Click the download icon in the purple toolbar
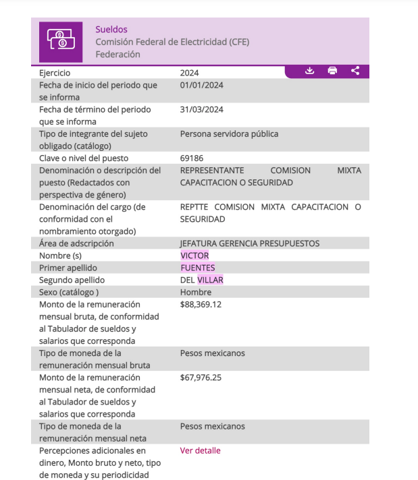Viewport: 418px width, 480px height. (310, 71)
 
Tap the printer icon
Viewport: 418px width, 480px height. (332, 71)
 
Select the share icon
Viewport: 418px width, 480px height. (355, 71)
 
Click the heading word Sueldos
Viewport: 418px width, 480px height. (111, 30)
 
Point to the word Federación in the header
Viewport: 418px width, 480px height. (118, 54)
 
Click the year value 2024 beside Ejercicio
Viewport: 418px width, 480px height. (190, 73)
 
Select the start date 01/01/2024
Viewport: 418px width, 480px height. (202, 85)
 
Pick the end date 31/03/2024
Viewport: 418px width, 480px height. (202, 109)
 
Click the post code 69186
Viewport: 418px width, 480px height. (192, 158)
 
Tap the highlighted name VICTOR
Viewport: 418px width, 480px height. (194, 256)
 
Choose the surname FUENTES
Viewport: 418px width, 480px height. (198, 268)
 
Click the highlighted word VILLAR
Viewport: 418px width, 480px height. (210, 280)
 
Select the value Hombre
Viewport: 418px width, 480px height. (196, 292)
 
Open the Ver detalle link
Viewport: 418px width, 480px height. (200, 450)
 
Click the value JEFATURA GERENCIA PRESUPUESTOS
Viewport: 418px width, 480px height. (249, 243)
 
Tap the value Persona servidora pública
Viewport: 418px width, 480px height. (229, 133)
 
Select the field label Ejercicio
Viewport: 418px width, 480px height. (55, 73)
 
